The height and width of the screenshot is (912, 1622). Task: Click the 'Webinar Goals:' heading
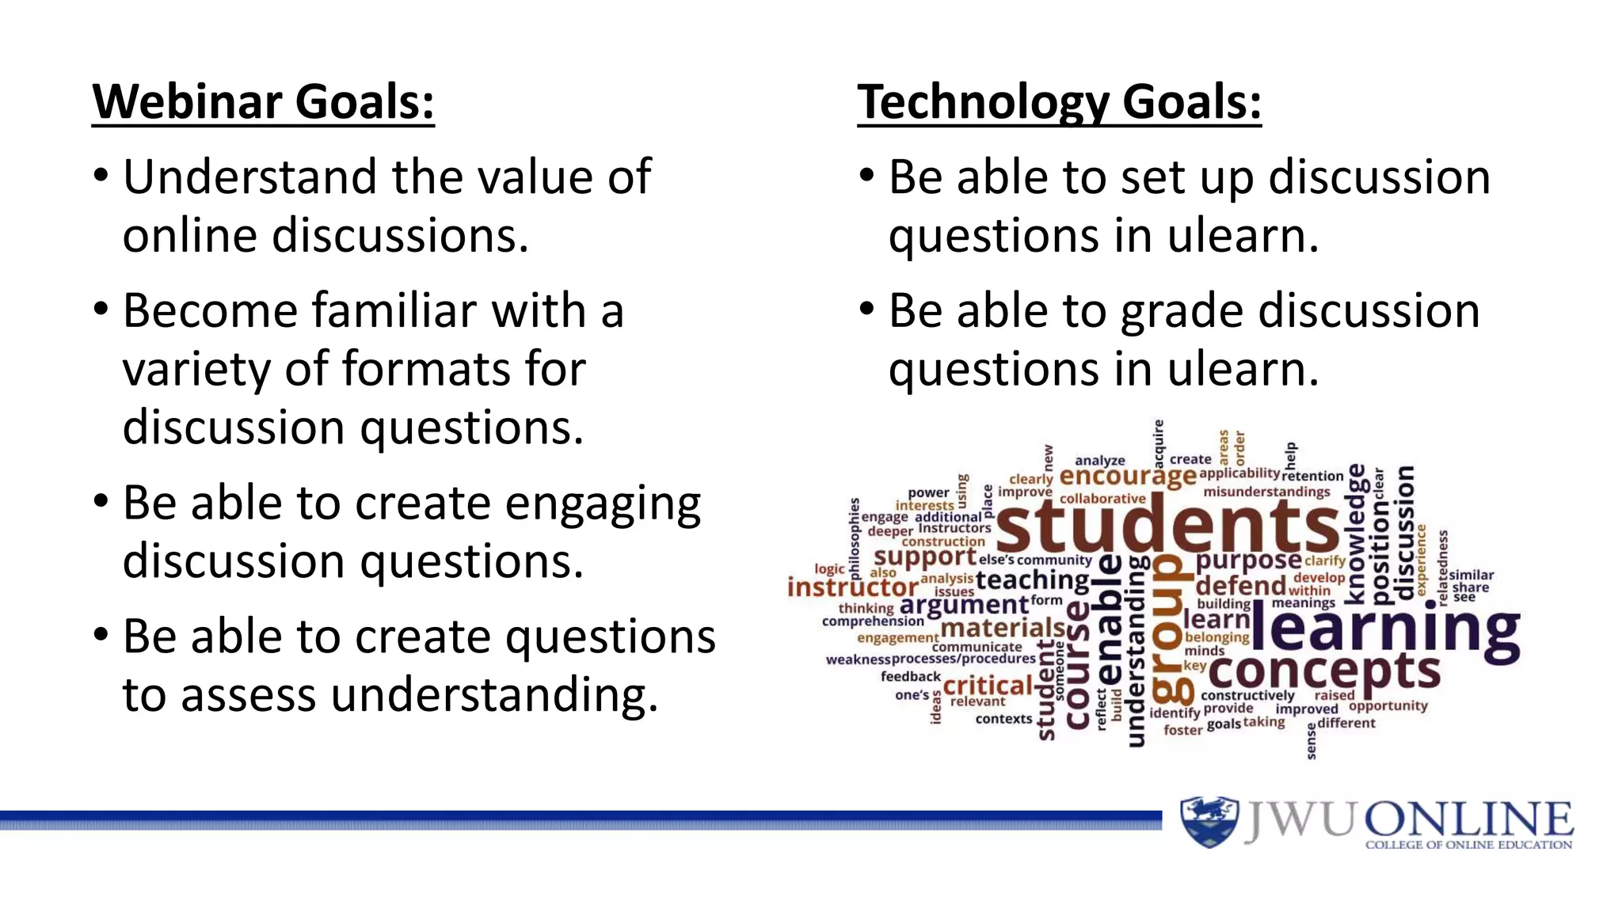click(263, 102)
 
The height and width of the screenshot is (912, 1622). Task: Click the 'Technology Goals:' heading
click(1059, 102)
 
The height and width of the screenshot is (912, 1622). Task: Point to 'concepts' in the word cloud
click(1323, 672)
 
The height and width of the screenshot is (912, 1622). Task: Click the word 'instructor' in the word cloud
click(852, 587)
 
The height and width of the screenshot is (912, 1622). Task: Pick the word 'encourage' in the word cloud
click(1127, 476)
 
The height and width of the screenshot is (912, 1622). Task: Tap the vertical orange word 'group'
click(1171, 629)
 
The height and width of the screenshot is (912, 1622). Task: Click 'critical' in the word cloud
click(988, 686)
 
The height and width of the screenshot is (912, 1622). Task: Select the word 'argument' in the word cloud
click(964, 606)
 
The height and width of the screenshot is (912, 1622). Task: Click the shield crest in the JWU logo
click(1208, 821)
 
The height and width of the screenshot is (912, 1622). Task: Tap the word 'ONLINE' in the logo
click(1468, 819)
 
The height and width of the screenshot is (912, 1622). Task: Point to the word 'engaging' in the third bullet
click(603, 504)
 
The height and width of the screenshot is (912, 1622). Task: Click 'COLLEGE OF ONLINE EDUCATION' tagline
click(1468, 845)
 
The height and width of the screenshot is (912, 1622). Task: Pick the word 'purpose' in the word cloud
click(1248, 560)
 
